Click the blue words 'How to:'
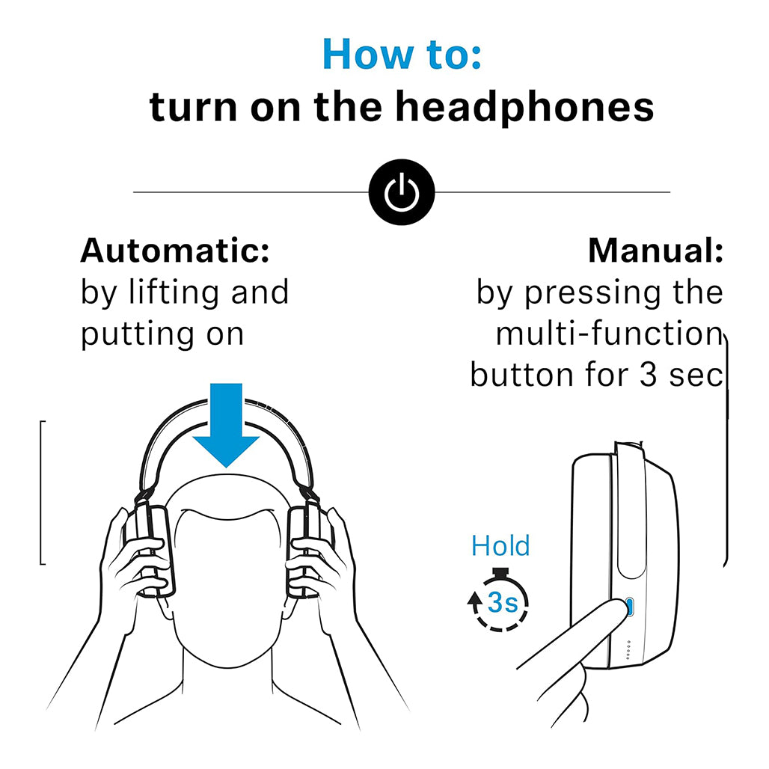click(x=402, y=54)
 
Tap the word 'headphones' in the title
click(x=524, y=107)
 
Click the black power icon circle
click(x=401, y=192)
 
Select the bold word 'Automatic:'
click(x=174, y=251)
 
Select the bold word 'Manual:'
click(x=655, y=251)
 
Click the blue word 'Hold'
click(x=500, y=546)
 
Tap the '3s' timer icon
click(x=499, y=602)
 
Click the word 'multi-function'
click(x=608, y=334)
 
